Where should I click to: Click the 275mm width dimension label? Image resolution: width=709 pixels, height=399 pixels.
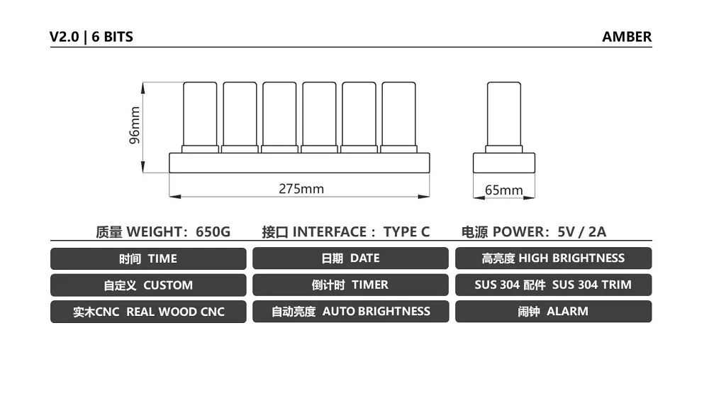pyautogui.click(x=301, y=189)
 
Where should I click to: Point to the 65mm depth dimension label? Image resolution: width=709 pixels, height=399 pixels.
pyautogui.click(x=503, y=190)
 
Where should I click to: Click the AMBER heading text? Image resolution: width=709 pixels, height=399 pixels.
pyautogui.click(x=627, y=37)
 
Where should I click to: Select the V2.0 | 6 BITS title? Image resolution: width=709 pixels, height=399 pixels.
pyautogui.click(x=91, y=37)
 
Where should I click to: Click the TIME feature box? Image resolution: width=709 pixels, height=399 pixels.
pyautogui.click(x=148, y=258)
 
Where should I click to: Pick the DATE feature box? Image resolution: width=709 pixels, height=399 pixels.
pyautogui.click(x=350, y=258)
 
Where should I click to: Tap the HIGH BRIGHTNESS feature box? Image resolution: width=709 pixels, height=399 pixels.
pyautogui.click(x=553, y=258)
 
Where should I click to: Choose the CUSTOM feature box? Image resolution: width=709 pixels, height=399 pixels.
pyautogui.click(x=148, y=285)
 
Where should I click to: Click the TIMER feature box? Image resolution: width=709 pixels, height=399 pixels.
pyautogui.click(x=350, y=285)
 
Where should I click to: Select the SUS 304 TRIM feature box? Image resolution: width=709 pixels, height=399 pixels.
pyautogui.click(x=553, y=285)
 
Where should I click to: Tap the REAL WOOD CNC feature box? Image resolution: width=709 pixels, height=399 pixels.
pyautogui.click(x=148, y=312)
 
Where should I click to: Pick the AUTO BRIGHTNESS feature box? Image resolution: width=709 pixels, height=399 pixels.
pyautogui.click(x=350, y=312)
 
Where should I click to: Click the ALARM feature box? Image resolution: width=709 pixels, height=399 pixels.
pyautogui.click(x=553, y=312)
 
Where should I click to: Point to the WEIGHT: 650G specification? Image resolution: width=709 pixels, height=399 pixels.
pyautogui.click(x=163, y=231)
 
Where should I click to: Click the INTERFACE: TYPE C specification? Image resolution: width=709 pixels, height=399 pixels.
pyautogui.click(x=345, y=231)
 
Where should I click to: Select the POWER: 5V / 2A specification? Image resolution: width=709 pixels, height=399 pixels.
pyautogui.click(x=534, y=231)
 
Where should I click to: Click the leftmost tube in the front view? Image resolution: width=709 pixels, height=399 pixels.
pyautogui.click(x=200, y=115)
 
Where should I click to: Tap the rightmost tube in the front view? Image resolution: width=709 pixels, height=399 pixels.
pyautogui.click(x=398, y=115)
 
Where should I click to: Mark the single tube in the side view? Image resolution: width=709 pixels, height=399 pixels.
pyautogui.click(x=503, y=115)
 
